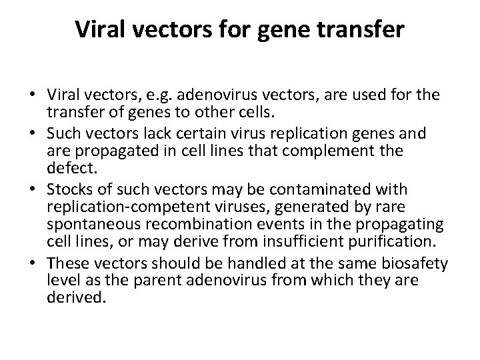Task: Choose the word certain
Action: tap(189, 132)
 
